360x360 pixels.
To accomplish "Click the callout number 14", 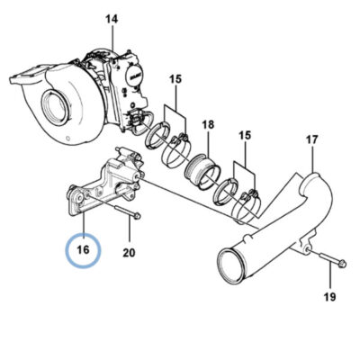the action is pos(112,20).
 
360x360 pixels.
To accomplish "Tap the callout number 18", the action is pos(208,124).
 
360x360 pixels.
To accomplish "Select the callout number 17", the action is pos(312,139).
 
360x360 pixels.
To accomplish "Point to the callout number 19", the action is pos(329,297).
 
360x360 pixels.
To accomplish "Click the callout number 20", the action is pos(129,253).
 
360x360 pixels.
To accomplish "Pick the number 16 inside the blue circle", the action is pos(83,249).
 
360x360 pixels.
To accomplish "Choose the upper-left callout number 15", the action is pos(175,79).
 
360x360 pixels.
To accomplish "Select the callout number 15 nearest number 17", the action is pos(245,135).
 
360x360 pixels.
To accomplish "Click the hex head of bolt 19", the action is pos(342,264).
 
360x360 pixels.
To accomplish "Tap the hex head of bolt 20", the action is pos(138,216).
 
